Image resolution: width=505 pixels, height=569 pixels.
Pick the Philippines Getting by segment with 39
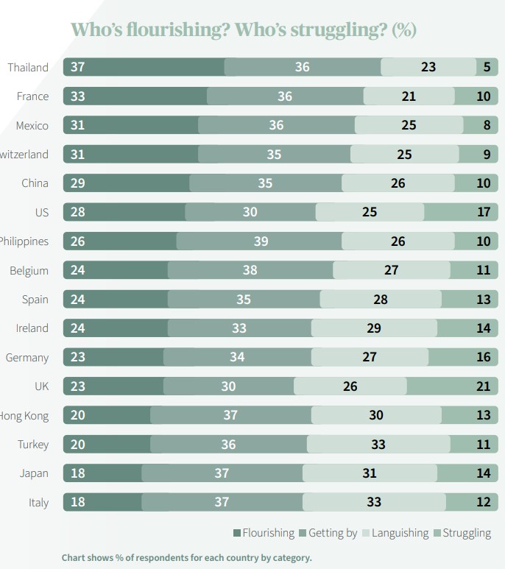(259, 241)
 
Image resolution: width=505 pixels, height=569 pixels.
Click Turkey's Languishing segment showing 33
(378, 444)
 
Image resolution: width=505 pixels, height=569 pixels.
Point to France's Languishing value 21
(409, 96)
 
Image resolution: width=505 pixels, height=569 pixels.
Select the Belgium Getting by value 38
(250, 270)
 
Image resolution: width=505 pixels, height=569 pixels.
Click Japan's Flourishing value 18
(77, 473)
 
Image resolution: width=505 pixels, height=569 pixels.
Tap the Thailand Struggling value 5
(487, 67)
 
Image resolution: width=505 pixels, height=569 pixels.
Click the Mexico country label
(32, 126)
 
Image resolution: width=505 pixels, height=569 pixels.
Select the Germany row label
(27, 358)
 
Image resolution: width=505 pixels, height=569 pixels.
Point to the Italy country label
(38, 503)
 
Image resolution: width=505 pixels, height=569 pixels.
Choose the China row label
(35, 183)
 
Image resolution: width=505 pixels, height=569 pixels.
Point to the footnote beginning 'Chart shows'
(187, 557)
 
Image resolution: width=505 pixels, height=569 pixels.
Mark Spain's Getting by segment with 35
(244, 300)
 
